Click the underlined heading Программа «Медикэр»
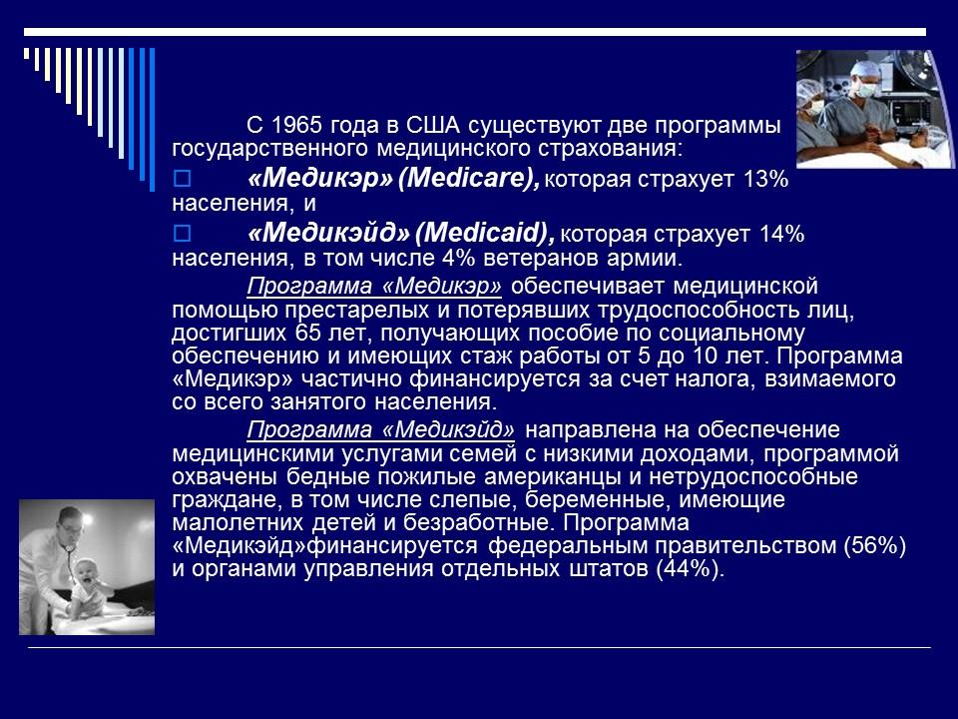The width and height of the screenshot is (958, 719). pyautogui.click(x=374, y=286)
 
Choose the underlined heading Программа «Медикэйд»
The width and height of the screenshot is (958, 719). pyautogui.click(x=381, y=430)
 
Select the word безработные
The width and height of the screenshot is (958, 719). pyautogui.click(x=462, y=522)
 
